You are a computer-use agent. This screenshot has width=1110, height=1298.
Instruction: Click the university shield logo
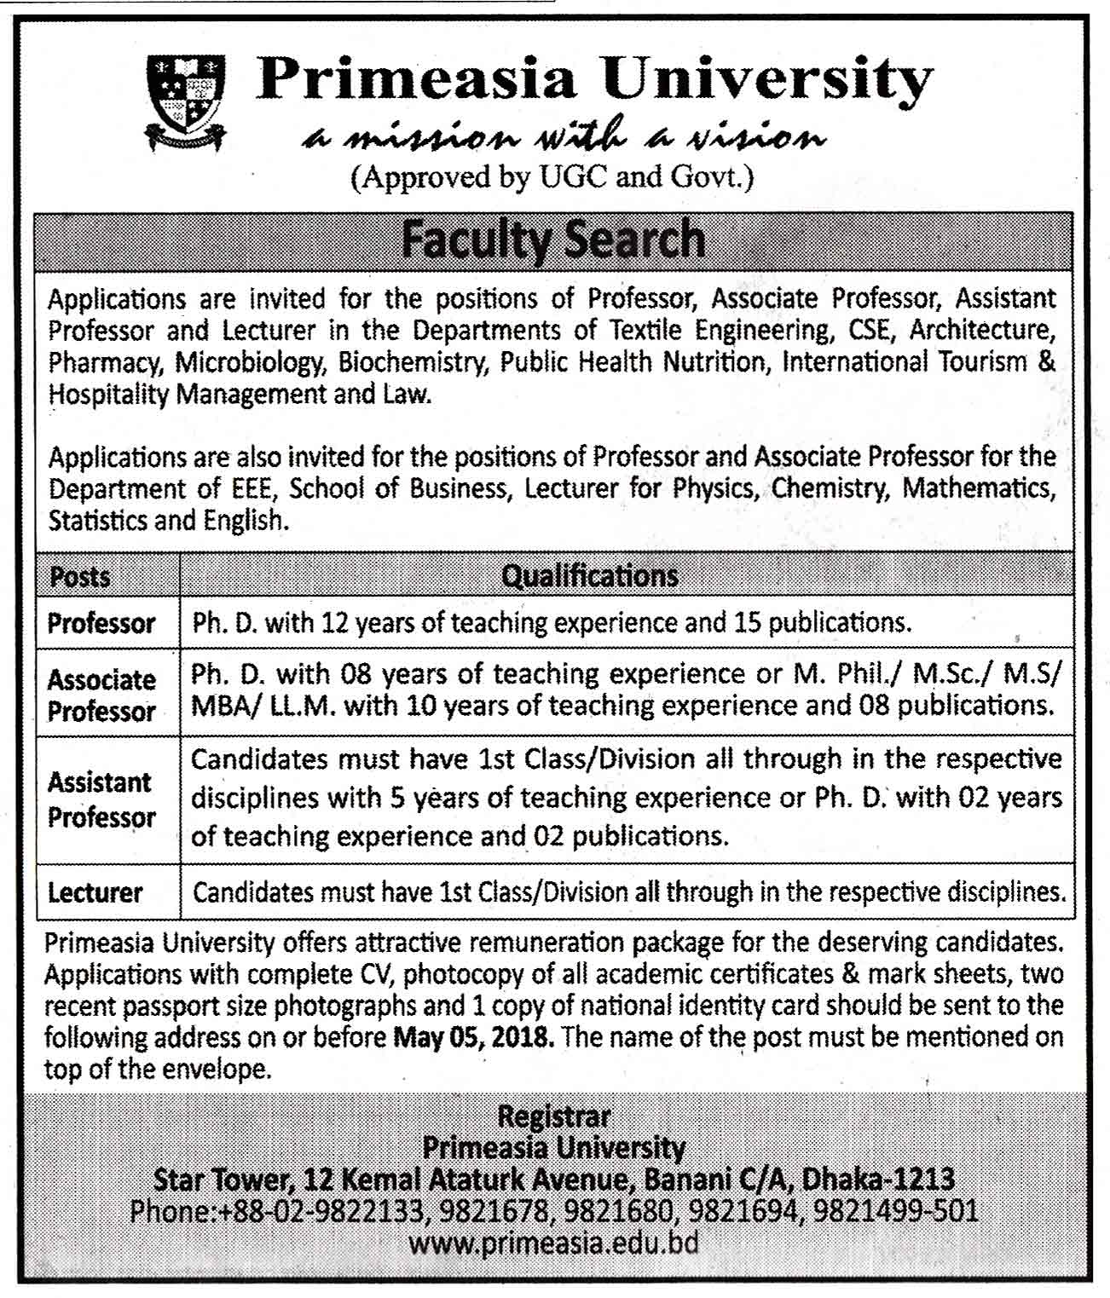point(186,101)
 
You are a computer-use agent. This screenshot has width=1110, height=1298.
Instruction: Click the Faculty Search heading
point(553,239)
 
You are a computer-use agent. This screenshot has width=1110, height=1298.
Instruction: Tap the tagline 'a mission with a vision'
point(564,136)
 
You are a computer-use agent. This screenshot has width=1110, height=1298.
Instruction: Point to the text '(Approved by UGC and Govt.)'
point(552,177)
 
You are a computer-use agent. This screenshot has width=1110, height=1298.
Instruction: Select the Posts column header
point(80,577)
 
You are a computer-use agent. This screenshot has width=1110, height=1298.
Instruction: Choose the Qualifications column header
point(589,576)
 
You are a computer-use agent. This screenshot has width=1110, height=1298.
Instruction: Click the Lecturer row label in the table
point(95,892)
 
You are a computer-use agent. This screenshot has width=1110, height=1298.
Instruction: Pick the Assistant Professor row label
point(101,799)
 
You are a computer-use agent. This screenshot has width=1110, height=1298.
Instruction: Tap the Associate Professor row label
point(101,695)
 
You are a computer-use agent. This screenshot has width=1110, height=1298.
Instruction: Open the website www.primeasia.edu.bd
point(553,1243)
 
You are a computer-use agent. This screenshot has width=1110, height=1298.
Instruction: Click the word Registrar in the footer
point(553,1116)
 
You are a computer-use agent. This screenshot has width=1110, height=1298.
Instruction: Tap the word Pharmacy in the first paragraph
point(104,363)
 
